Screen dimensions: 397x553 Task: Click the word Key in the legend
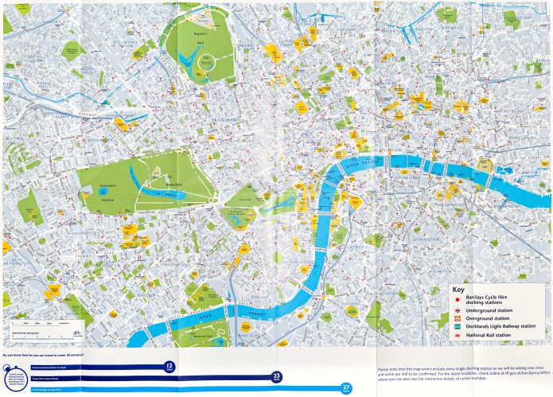[x=457, y=290]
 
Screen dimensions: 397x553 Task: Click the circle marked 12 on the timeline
[x=168, y=367]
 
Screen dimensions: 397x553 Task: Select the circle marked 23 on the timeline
[x=277, y=377]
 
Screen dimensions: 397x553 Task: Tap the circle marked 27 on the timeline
[x=345, y=387]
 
